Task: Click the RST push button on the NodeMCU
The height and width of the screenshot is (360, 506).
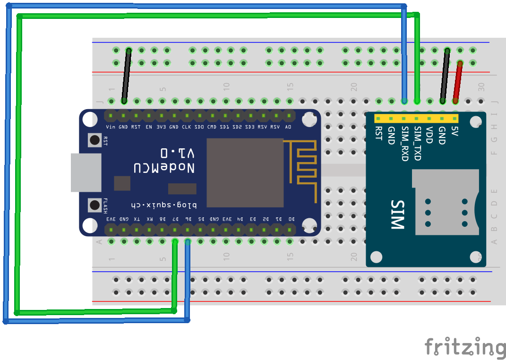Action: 95,140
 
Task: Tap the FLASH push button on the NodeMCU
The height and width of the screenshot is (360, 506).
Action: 95,205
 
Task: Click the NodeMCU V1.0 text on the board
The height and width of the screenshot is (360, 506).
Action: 163,161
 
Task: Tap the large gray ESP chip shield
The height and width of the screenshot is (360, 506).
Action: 244,172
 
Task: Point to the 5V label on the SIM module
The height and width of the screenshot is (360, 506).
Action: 455,131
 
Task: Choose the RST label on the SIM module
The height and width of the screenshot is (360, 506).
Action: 378,133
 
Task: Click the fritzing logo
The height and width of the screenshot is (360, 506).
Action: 465,347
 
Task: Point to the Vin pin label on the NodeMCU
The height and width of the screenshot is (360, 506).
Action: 111,127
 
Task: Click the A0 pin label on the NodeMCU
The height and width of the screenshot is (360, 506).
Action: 288,127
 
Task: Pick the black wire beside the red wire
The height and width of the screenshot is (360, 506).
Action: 445,76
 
